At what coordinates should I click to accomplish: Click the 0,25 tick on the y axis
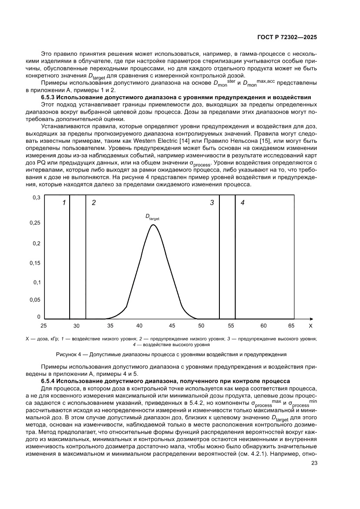click(35, 223)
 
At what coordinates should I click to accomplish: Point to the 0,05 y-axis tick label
click(35, 300)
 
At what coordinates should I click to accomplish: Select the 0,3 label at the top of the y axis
click(37, 198)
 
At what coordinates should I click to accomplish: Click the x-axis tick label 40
click(139, 326)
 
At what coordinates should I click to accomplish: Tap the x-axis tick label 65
click(291, 326)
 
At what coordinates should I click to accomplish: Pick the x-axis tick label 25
click(43, 326)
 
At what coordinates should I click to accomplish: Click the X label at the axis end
click(310, 326)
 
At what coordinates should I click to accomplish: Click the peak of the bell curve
click(153, 225)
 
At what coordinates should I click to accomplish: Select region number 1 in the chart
click(64, 203)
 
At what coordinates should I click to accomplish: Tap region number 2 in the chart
click(94, 203)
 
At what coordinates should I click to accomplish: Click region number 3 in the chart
click(212, 203)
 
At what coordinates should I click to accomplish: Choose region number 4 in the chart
click(242, 203)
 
